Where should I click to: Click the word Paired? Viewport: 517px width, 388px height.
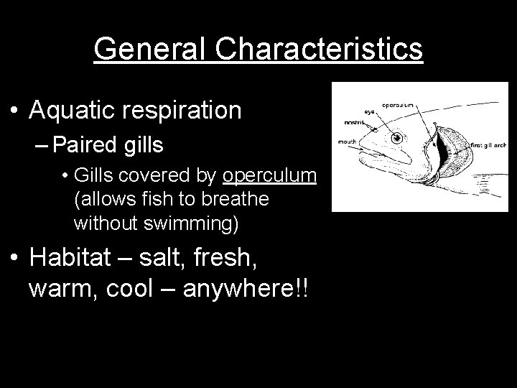click(x=85, y=146)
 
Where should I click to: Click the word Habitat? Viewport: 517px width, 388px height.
click(x=79, y=257)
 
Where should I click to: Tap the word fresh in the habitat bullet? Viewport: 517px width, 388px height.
click(x=276, y=257)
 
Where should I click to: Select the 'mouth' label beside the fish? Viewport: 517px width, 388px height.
click(x=349, y=142)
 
